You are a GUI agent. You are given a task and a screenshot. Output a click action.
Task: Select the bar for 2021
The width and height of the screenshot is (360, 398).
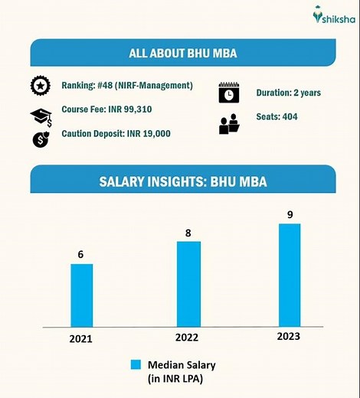pos(81,295)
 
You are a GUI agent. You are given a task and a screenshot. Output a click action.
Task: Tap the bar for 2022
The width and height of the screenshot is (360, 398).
pos(188,283)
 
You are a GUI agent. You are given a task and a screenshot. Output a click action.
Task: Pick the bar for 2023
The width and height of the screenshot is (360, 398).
pos(290,274)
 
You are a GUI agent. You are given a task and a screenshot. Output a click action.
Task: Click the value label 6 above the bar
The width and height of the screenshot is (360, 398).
pos(80,254)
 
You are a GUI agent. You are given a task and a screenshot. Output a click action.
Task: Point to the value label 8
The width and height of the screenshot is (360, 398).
pos(188,232)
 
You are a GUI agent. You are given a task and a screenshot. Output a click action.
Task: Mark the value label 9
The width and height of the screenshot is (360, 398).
pos(290,214)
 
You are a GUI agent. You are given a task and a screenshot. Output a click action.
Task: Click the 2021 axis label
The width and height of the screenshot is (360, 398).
pos(80,338)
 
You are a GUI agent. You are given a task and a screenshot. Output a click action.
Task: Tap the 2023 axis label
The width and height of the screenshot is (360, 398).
pos(289,337)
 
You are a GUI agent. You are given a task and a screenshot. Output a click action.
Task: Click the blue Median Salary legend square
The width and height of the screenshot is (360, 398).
pos(136,364)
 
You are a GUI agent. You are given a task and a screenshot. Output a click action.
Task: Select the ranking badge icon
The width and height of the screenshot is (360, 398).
pos(40,86)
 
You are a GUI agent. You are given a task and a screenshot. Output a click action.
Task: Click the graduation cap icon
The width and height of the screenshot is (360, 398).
pos(41,115)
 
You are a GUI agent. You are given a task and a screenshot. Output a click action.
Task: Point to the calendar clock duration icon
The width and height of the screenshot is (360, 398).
pos(228,92)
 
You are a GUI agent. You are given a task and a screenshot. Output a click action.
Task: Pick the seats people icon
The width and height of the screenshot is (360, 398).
pos(228,122)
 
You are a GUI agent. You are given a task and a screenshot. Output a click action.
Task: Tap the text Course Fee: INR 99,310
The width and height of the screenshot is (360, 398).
pos(106,109)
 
